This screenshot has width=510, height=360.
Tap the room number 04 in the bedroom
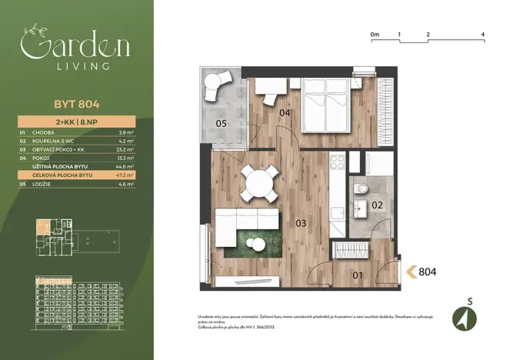pos(285,114)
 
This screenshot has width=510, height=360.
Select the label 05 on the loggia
pos(220,123)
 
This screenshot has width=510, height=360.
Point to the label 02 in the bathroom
pos(376,205)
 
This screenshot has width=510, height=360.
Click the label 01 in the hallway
pos(357,275)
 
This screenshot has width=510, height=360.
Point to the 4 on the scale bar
pos(482,35)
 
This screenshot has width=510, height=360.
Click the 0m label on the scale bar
pos(375,35)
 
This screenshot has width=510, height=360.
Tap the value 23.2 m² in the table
pos(125,148)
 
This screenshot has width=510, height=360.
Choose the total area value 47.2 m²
pos(125,175)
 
